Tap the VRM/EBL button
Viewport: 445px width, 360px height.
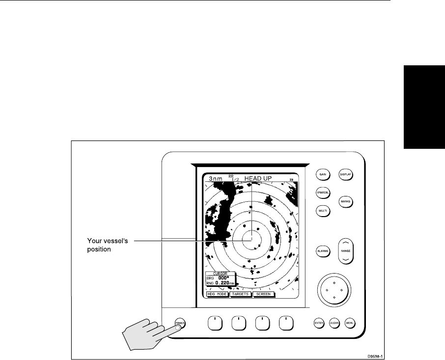coord(322,193)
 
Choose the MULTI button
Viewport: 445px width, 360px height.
coord(322,211)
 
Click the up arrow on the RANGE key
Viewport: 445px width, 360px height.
coord(346,243)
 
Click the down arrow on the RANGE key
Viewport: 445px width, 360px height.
coord(346,258)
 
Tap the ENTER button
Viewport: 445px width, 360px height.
coord(319,323)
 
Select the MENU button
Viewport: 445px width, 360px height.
coord(350,323)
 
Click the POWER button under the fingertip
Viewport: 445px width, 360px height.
coord(180,323)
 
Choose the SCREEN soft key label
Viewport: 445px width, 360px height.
coord(263,295)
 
